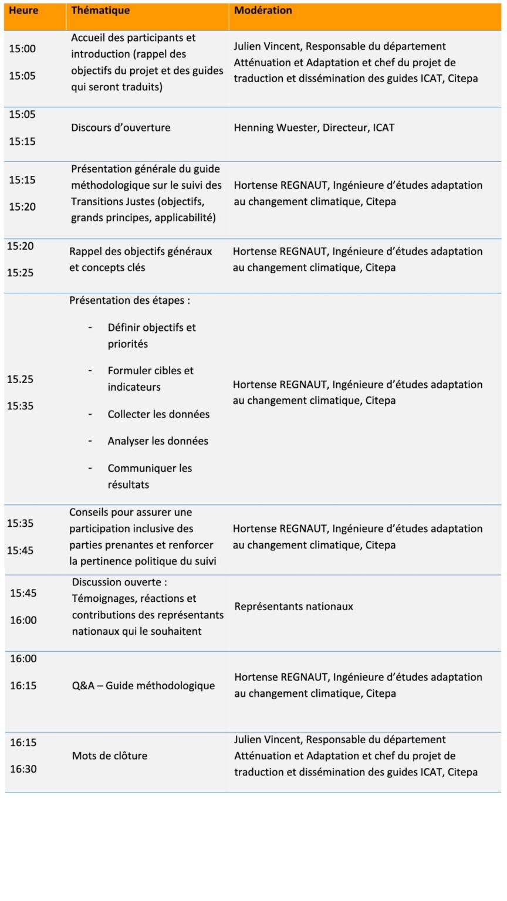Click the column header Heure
23,11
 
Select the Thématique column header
100,11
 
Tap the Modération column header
263,11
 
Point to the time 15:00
22,49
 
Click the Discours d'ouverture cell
121,128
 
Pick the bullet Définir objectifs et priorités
151,336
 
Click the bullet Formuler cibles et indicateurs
150,379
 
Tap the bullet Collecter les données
158,414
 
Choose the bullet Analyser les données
158,441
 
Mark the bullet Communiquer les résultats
150,476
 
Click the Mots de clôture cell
110,756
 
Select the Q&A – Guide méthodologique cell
143,686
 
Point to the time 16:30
23,769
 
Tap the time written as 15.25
20,380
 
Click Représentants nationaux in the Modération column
293,607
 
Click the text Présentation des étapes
130,300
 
